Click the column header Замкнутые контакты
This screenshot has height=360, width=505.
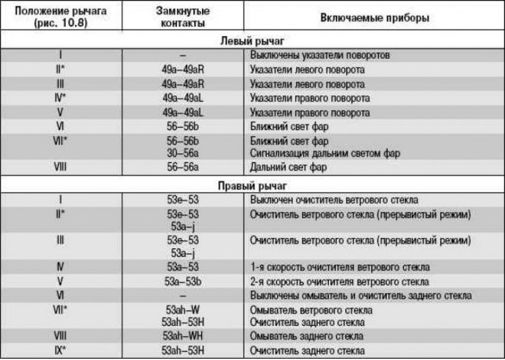[x=181, y=17]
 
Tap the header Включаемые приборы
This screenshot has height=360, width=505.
[x=376, y=18]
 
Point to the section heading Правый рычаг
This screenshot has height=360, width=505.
[x=252, y=186]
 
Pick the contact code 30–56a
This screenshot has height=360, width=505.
[x=181, y=152]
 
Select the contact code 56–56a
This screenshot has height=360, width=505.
[x=181, y=167]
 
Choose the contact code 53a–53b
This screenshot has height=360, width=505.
[x=181, y=281]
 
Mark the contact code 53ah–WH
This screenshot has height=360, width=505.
[x=181, y=335]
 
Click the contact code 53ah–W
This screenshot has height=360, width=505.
[x=181, y=310]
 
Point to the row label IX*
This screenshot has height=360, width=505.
[x=61, y=349]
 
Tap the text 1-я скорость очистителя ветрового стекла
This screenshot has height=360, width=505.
[x=340, y=267]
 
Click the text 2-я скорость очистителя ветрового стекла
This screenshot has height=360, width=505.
[x=340, y=281]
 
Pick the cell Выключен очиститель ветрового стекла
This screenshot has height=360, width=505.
[x=334, y=200]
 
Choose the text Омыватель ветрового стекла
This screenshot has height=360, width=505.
[x=311, y=310]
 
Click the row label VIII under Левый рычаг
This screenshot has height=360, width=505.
[x=61, y=167]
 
